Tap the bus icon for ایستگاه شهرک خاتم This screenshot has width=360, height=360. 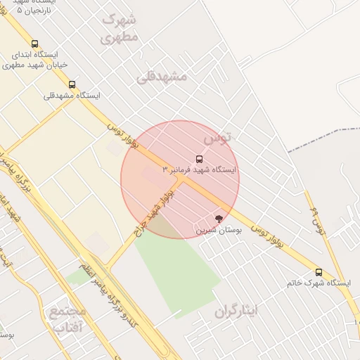point(319,272)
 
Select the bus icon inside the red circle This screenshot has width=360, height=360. point(199,159)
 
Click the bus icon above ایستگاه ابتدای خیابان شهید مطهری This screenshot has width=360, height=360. point(34,44)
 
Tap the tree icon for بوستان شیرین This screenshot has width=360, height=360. point(218,219)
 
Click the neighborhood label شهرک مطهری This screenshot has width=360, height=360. point(120,28)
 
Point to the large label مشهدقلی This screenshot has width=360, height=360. point(162,76)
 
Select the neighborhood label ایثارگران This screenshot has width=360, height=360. point(237,310)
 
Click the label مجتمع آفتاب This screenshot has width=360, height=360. point(67,319)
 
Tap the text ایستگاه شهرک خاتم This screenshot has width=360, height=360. point(318,283)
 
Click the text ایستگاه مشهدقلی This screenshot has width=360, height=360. point(72,96)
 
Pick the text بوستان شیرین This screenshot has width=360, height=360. point(219,230)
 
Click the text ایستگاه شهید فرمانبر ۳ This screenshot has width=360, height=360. point(200,170)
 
